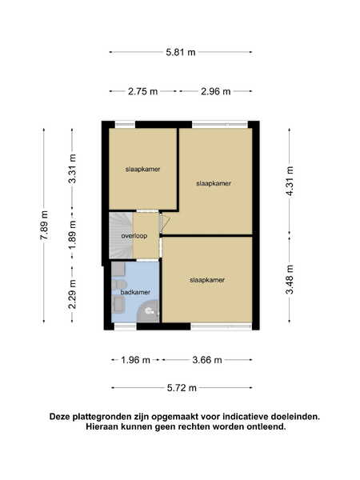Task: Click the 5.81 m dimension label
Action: tap(181, 52)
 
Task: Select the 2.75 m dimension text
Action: tap(142, 91)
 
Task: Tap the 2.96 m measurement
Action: tap(215, 91)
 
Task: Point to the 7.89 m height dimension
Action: tap(44, 226)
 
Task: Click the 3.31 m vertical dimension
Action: tap(73, 169)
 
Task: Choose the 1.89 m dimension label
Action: tap(73, 234)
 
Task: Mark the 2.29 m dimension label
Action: tap(73, 294)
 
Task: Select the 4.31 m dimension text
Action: tap(290, 182)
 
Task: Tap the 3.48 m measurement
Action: tap(290, 279)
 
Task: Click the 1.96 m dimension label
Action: tap(135, 360)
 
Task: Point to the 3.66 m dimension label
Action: tap(207, 360)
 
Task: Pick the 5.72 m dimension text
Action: tap(182, 388)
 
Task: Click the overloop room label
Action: tap(134, 236)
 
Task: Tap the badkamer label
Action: tap(135, 292)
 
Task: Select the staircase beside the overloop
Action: tap(122, 236)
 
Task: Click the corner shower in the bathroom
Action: tap(149, 311)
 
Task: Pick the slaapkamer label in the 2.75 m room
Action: tap(142, 170)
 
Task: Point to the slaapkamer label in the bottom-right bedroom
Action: tap(207, 280)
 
